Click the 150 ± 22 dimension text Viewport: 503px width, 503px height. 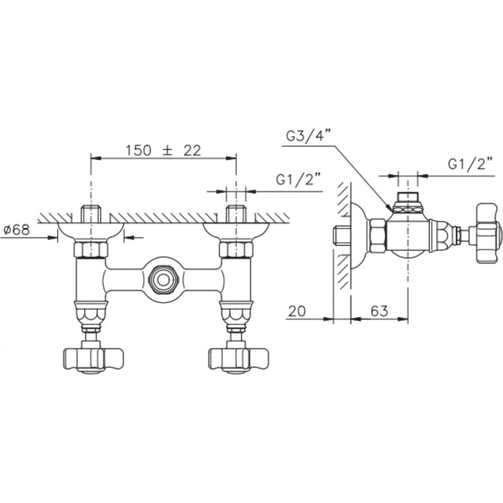click(163, 151)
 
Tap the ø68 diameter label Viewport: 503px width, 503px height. click(17, 230)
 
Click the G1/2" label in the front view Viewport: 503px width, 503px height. click(298, 180)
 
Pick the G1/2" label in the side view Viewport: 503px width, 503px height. click(470, 164)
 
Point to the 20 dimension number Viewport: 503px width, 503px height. click(297, 311)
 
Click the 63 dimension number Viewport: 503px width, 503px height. click(380, 310)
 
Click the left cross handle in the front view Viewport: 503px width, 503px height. click(92, 358)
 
